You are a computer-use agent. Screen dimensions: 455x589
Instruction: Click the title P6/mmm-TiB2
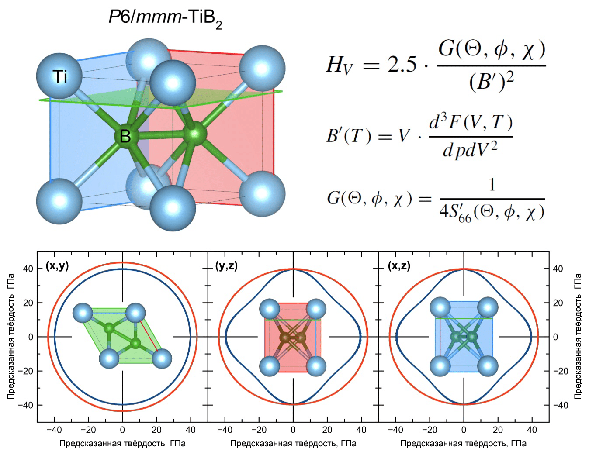click(x=165, y=19)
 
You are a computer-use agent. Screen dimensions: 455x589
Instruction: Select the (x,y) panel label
click(x=57, y=266)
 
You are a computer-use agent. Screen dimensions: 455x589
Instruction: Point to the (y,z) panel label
click(x=226, y=266)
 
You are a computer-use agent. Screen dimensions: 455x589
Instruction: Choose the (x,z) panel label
click(x=398, y=266)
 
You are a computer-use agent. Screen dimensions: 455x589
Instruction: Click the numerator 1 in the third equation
click(x=492, y=186)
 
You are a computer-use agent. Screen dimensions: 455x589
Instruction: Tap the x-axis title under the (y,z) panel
click(x=293, y=444)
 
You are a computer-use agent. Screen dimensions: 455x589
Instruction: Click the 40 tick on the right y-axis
click(x=558, y=269)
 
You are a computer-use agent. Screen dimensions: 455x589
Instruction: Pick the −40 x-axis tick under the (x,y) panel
click(x=54, y=430)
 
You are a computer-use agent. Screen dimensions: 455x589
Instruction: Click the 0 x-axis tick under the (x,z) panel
click(x=464, y=430)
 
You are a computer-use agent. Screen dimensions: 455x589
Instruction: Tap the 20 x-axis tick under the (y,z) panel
click(x=327, y=430)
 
